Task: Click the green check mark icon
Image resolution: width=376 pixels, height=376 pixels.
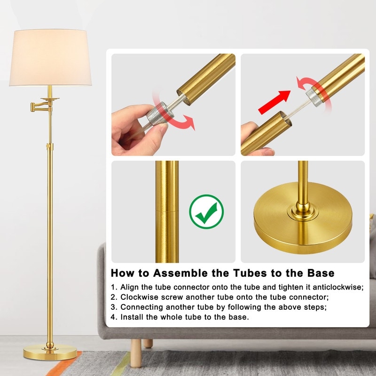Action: pos(206,211)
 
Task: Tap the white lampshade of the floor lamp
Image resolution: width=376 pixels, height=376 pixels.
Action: pos(50,57)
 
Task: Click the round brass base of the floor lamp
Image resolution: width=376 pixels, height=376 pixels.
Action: pos(50,352)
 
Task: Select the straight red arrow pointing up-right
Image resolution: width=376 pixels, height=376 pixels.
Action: pos(274,102)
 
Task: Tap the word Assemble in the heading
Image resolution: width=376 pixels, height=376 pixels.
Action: pos(180,273)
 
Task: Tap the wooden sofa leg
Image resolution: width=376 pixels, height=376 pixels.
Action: pos(136,353)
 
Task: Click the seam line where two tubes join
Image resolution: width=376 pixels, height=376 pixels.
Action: pos(167,211)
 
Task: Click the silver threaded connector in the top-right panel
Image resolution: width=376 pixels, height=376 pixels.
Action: pos(314,97)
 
